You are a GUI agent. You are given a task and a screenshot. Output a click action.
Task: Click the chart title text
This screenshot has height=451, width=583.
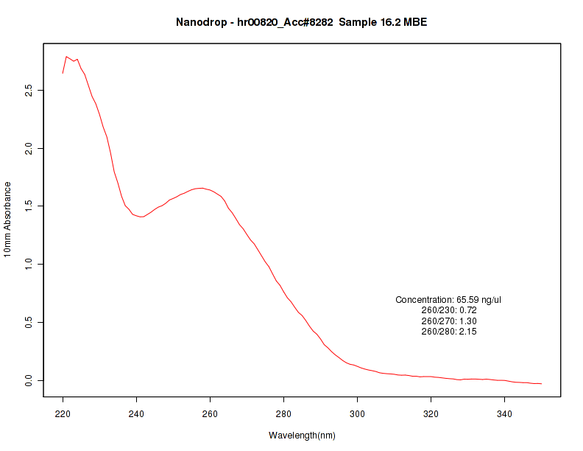pos(302,22)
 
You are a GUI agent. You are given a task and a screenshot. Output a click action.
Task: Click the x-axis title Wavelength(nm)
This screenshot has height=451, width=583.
pos(302,436)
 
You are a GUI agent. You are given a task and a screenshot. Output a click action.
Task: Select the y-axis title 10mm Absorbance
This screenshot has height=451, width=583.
pos(7,220)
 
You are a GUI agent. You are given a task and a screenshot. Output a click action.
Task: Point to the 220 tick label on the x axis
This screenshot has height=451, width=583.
pos(63,413)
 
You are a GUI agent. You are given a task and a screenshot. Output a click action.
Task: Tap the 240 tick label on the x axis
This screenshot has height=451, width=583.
pos(136,413)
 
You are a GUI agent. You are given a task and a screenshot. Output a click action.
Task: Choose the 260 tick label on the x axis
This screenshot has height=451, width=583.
pos(210,413)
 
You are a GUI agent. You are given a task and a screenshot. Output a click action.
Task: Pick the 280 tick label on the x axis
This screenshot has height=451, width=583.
pos(283,413)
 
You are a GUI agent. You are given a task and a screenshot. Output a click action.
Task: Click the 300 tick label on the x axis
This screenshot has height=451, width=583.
pos(357,413)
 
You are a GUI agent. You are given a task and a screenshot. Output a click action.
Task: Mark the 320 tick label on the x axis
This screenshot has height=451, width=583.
pos(431,413)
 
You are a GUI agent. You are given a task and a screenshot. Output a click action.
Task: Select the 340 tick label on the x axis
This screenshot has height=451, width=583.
pos(504,413)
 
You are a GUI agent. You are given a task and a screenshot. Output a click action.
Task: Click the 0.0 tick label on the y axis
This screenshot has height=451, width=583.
pos(29,380)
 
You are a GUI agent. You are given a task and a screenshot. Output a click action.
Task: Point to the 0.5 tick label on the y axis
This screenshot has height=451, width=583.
pos(29,322)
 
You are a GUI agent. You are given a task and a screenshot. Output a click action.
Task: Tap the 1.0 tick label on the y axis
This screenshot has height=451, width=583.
pos(29,264)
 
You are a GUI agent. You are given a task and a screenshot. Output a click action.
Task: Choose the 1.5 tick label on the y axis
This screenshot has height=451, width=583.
pos(29,206)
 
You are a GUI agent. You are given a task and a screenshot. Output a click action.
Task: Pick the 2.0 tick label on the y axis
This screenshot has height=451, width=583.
pos(29,148)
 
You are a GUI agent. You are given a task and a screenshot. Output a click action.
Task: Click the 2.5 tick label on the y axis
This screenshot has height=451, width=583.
pos(29,90)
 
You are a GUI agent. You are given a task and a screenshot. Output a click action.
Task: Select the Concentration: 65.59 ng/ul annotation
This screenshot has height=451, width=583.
pos(448,300)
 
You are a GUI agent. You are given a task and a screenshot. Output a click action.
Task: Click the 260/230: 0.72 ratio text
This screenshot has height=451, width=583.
pos(448,310)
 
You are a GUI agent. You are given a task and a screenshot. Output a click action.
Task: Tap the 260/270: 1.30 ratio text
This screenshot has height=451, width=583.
pos(448,321)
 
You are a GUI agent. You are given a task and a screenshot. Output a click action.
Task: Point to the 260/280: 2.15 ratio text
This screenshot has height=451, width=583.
pos(448,332)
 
